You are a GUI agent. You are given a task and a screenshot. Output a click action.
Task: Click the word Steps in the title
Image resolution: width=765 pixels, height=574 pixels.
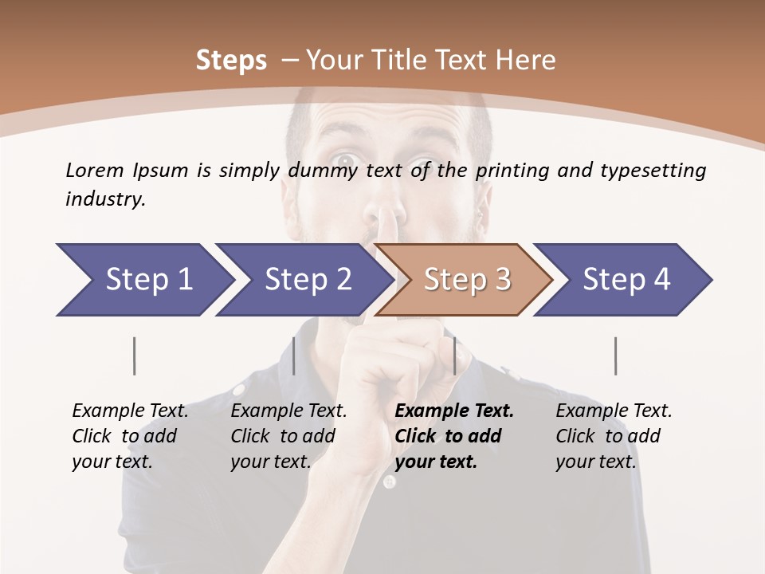[x=231, y=61]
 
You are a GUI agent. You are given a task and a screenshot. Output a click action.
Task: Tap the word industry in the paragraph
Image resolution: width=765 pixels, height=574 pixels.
[x=105, y=199]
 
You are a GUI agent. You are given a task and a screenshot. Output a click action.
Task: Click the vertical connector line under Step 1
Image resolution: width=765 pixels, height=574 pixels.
[x=135, y=356]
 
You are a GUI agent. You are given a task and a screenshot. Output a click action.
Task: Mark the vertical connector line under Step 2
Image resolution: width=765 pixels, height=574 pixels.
[x=294, y=356]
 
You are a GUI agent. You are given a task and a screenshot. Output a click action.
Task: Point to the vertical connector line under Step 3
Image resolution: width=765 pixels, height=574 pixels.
[x=455, y=356]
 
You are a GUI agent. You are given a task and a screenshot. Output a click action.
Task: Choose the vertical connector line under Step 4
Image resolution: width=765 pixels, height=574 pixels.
[x=616, y=356]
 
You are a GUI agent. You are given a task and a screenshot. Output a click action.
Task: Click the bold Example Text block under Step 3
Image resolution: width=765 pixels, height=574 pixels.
[x=454, y=436]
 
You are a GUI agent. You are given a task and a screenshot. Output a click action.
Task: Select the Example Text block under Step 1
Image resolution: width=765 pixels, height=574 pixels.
[x=130, y=436]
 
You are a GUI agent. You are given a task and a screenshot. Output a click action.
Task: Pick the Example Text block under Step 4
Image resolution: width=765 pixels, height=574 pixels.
[x=614, y=436]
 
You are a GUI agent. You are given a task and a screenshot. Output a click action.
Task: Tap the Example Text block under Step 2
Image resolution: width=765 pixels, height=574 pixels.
[x=288, y=436]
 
